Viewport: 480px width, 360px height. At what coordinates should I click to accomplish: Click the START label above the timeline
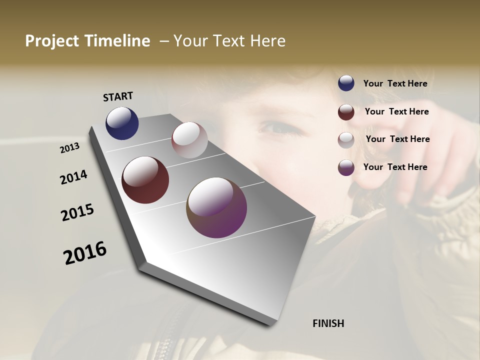click(118, 96)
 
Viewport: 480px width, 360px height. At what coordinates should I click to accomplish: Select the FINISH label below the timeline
click(328, 323)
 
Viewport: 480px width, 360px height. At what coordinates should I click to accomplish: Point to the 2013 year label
click(69, 148)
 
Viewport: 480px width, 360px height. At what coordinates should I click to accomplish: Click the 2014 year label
click(73, 177)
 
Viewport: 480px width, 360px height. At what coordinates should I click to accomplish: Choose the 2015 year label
click(77, 212)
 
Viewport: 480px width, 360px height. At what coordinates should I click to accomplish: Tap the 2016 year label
click(85, 253)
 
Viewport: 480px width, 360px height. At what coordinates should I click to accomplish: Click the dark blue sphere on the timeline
click(122, 123)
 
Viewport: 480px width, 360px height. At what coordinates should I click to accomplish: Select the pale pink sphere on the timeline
click(189, 139)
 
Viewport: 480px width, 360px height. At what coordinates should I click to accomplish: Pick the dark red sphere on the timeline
click(145, 180)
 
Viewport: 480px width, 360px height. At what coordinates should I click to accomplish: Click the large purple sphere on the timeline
click(216, 207)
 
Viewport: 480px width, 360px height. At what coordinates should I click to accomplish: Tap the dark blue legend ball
click(346, 83)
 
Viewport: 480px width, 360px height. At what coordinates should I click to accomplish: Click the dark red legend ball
click(346, 112)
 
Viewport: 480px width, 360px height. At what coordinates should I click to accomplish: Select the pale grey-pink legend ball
click(346, 140)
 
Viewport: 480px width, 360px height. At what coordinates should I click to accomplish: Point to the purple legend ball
click(346, 167)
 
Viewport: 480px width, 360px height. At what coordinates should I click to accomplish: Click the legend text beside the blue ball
click(395, 83)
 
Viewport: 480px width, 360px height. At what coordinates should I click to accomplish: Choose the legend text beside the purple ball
click(395, 167)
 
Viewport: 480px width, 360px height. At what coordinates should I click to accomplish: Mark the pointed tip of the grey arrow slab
click(144, 262)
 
